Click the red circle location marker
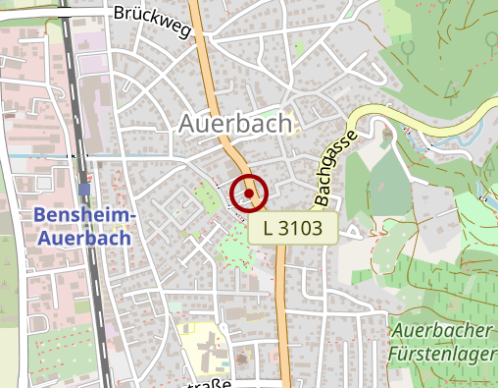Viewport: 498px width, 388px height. click(x=249, y=193)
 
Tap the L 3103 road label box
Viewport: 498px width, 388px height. click(x=293, y=229)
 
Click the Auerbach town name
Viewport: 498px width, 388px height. click(x=235, y=123)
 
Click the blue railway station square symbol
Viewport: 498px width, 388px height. click(x=84, y=189)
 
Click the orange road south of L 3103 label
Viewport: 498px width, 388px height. click(x=283, y=314)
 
